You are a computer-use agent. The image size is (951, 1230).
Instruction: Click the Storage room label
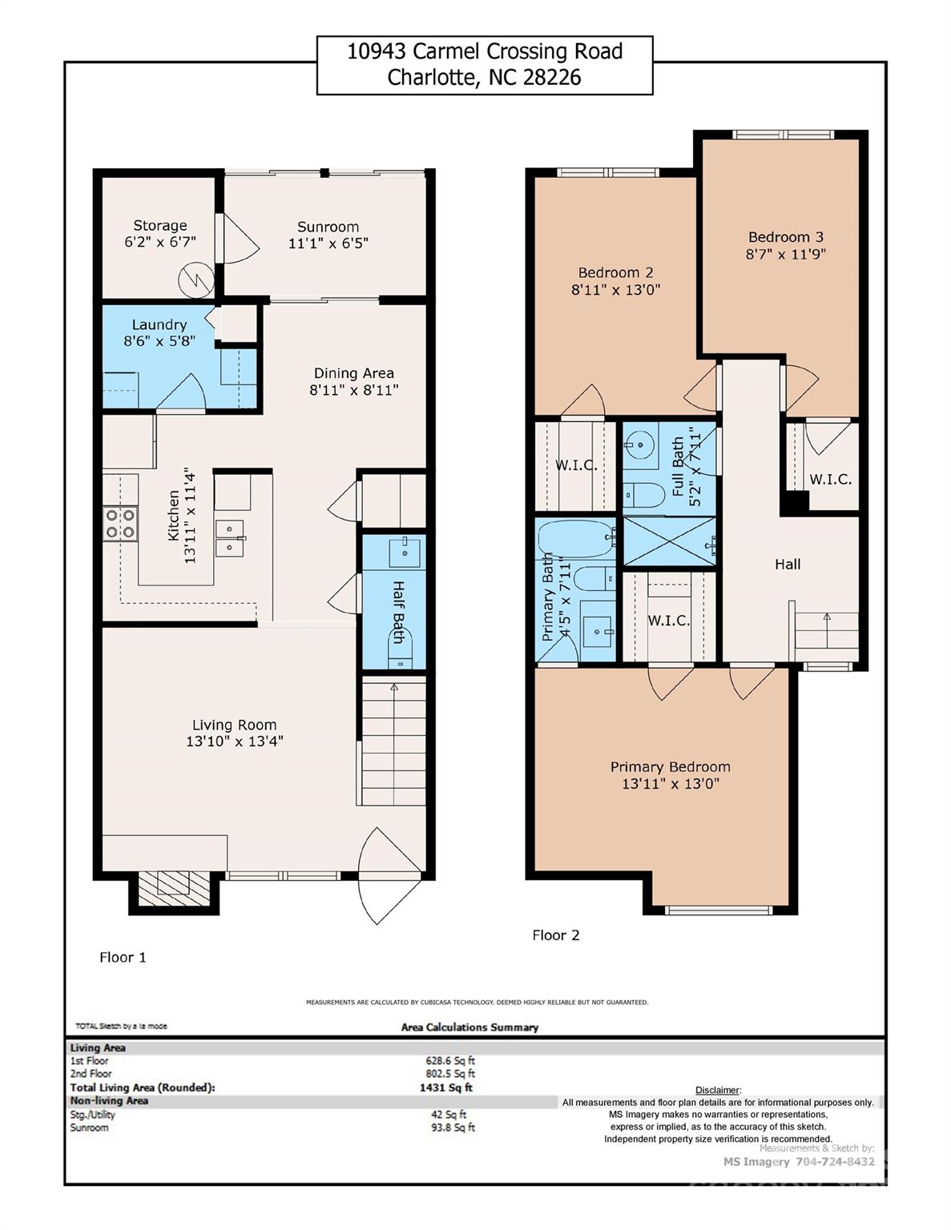[x=160, y=226]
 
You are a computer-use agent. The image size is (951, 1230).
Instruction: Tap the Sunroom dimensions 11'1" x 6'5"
[x=328, y=243]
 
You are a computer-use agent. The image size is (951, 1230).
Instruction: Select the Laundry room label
[x=159, y=324]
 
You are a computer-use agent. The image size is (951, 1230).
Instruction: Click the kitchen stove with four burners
[x=120, y=523]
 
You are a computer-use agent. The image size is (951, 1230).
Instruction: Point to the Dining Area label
[x=353, y=373]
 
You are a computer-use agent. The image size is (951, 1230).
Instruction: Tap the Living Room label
[x=234, y=726]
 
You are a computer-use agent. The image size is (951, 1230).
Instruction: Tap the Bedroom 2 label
[x=615, y=272]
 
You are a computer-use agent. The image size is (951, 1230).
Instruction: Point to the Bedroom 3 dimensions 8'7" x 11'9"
[x=785, y=255]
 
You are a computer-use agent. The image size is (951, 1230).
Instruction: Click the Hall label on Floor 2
[x=787, y=565]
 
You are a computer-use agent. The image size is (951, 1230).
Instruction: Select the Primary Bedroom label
[x=670, y=767]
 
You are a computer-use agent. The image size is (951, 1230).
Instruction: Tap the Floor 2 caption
[x=555, y=935]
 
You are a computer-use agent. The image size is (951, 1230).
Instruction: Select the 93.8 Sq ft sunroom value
[x=453, y=1127]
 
